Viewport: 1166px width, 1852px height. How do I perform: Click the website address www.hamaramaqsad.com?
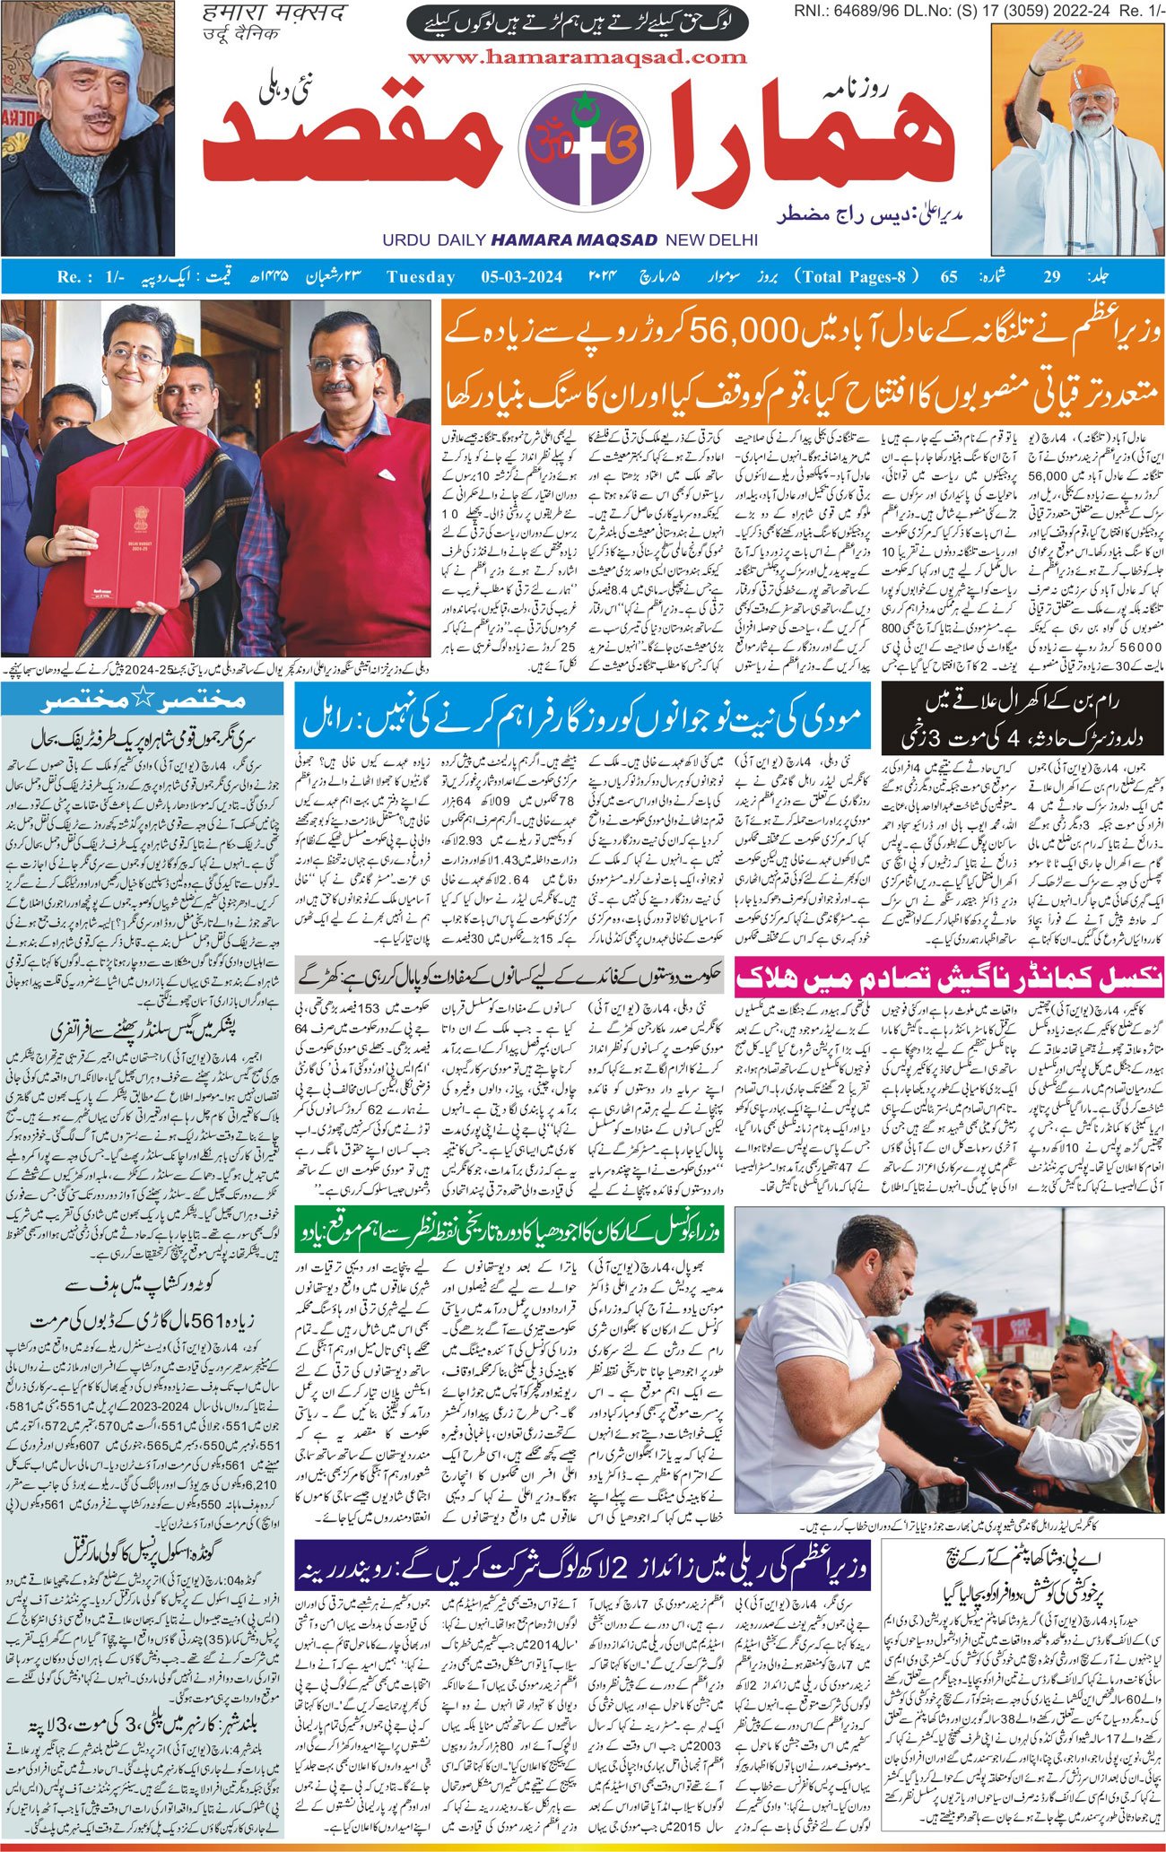tap(576, 57)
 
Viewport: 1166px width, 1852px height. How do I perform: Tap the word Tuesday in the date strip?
tap(421, 276)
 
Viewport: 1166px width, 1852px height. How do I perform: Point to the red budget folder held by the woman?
tap(131, 547)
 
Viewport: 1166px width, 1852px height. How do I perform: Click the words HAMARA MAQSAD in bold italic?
tap(574, 240)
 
